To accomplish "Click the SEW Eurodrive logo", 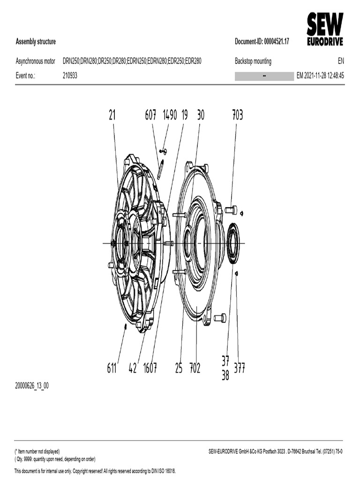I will coord(325,29).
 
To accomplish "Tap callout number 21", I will coord(112,115).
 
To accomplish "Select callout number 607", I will coord(150,115).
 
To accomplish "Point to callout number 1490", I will coord(170,115).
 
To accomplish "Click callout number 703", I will coord(237,115).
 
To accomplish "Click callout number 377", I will coord(239,368).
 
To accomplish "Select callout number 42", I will coord(133,368).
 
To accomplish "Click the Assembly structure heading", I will coord(36,42).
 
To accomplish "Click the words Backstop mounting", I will coord(253,61).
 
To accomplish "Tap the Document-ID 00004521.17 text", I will coord(262,42).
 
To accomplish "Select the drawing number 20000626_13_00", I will coord(32,386).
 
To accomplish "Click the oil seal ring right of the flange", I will coord(233,243).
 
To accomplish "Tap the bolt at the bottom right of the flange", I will coord(220,318).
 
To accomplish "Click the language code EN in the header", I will coord(340,61).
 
